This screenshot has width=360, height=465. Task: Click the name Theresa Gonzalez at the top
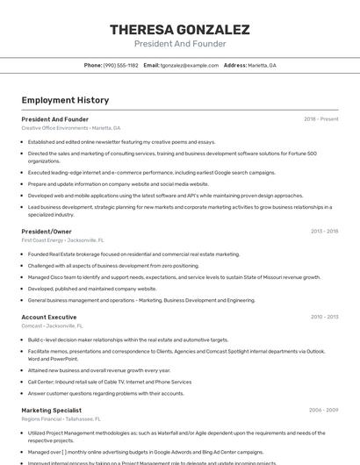click(180, 29)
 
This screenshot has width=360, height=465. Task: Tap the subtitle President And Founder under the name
click(180, 44)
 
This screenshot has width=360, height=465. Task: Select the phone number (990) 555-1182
click(121, 65)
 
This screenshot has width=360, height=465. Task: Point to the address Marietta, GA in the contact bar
click(262, 65)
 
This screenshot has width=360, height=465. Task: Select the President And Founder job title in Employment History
click(54, 118)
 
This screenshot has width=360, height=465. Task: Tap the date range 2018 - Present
click(320, 118)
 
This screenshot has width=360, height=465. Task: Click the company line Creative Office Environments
click(71, 128)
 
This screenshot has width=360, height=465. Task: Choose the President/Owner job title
click(47, 231)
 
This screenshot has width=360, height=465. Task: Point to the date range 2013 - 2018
click(324, 231)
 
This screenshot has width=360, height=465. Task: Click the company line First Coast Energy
click(62, 240)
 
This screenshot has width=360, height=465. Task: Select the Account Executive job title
click(49, 316)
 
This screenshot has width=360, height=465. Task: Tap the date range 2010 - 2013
click(324, 316)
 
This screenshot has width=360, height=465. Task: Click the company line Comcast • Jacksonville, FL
click(58, 325)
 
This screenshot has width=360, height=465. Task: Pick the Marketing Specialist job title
click(52, 410)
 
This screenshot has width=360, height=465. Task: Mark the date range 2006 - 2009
click(323, 410)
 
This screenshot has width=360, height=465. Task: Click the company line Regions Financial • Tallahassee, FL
click(68, 418)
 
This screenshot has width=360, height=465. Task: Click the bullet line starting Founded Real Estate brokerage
click(133, 254)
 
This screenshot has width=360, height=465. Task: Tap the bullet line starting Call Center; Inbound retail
click(109, 382)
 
